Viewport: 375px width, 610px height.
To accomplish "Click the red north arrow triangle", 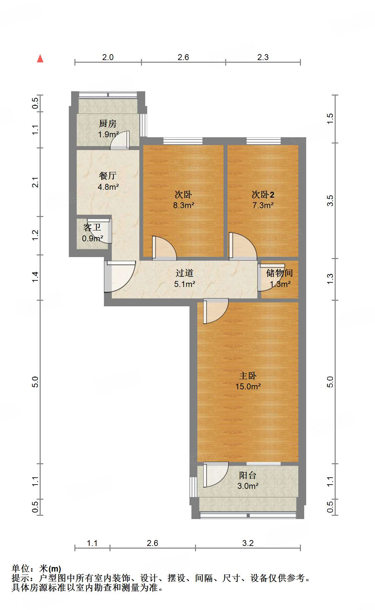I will point(40,59).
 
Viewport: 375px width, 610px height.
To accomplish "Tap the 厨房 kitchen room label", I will point(108,124).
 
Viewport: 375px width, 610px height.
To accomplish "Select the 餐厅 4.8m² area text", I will point(108,187).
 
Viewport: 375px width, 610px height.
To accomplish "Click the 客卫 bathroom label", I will point(92,228).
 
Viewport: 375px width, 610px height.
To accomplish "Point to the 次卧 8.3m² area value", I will point(184,206).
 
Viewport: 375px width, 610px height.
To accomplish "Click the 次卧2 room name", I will point(263,195).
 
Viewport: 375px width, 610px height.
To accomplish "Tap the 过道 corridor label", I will point(184,273).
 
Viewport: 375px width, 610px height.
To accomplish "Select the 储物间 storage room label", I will point(279,273).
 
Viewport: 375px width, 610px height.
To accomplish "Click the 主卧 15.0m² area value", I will point(248,387).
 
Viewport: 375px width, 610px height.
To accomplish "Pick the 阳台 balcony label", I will point(247,475).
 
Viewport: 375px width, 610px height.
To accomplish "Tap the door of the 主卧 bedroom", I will point(215,311).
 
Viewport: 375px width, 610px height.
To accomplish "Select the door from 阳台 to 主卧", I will point(215,474).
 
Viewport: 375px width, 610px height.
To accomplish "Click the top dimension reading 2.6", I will point(183,57).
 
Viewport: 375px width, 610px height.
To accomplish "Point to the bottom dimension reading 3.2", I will point(248,543).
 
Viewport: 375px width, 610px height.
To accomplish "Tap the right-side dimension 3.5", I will point(330,201).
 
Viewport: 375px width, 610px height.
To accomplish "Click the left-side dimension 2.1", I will point(35,182).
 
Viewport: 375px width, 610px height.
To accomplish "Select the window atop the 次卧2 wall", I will point(264,141).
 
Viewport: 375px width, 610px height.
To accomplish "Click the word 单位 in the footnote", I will point(20,568).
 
